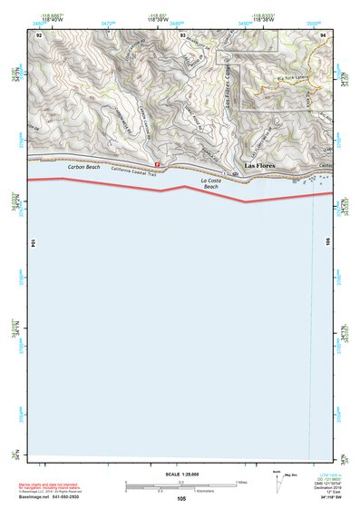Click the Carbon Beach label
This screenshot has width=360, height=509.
[x=84, y=168]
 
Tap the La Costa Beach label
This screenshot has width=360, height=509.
[x=210, y=183]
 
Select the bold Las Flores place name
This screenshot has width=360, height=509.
[x=259, y=167]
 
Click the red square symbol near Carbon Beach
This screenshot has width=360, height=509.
[x=158, y=164]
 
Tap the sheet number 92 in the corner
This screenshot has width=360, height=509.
[x=39, y=34]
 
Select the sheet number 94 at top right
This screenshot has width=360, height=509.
[x=323, y=34]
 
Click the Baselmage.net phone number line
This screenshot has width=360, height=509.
[x=56, y=496]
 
